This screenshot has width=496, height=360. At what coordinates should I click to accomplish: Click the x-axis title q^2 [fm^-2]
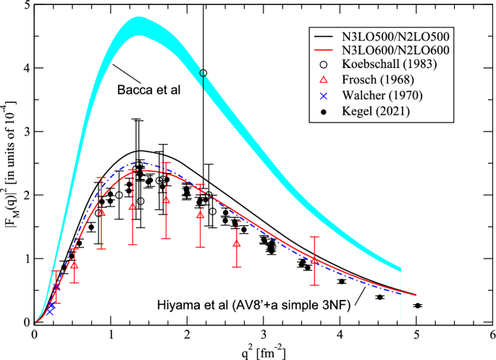click(264, 353)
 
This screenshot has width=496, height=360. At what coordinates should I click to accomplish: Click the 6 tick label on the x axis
click(492, 335)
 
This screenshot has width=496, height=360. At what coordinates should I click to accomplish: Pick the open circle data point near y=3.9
click(203, 73)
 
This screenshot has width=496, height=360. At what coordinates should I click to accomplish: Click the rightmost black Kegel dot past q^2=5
click(417, 306)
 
